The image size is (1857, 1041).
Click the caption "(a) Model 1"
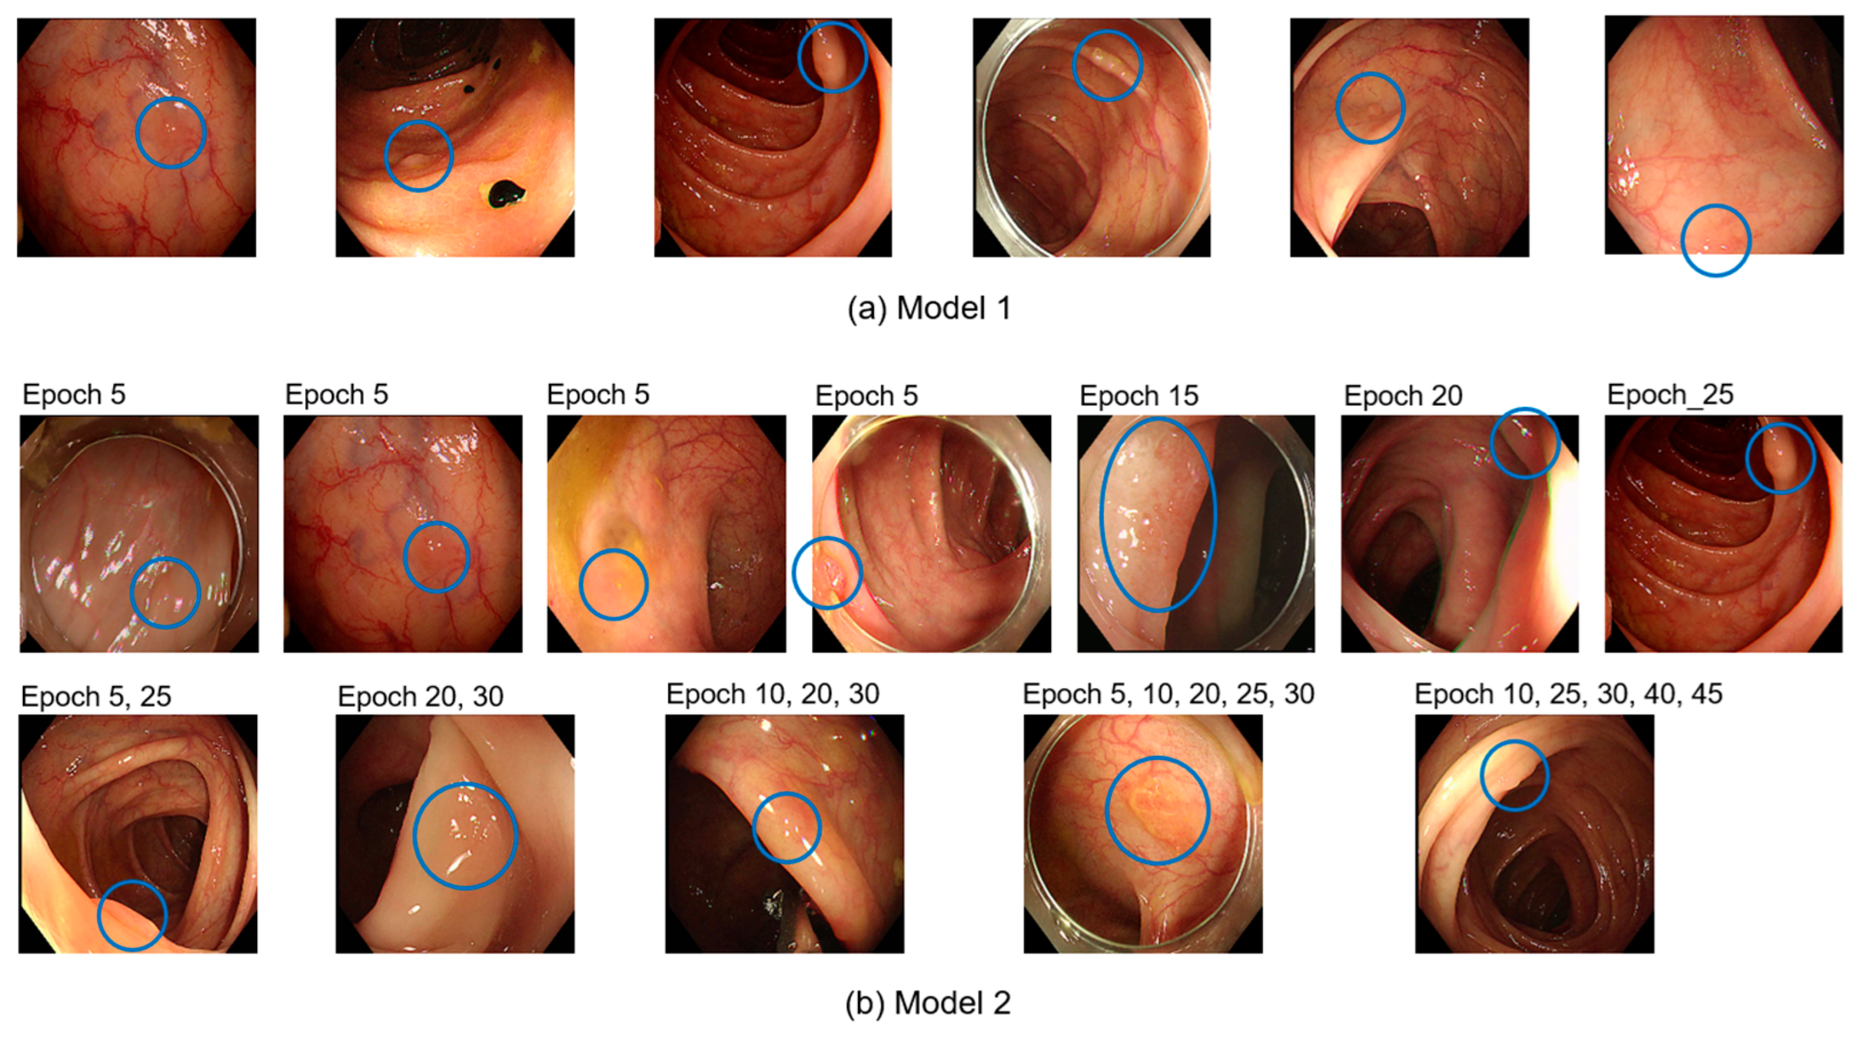coord(928,309)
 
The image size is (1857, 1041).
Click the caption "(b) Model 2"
coord(928,1003)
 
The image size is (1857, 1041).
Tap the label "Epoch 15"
coord(1138,396)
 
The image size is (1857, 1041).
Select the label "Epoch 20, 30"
coord(420,697)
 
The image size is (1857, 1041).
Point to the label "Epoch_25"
coord(1670,395)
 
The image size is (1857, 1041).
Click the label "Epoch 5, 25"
coord(96,697)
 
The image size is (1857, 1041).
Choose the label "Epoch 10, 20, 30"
coord(772,694)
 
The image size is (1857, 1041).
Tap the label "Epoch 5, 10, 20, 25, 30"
coord(1168,694)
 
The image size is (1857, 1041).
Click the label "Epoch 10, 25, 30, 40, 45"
coord(1568,694)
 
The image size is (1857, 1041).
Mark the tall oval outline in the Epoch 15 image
coord(1158,515)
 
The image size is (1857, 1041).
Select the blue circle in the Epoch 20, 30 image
coord(465,836)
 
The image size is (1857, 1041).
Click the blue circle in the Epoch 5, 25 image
coord(132,915)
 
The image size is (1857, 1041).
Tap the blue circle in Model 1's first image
coord(171,133)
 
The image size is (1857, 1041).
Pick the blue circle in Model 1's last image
coord(1716,240)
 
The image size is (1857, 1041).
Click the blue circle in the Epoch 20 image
coord(1524,442)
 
